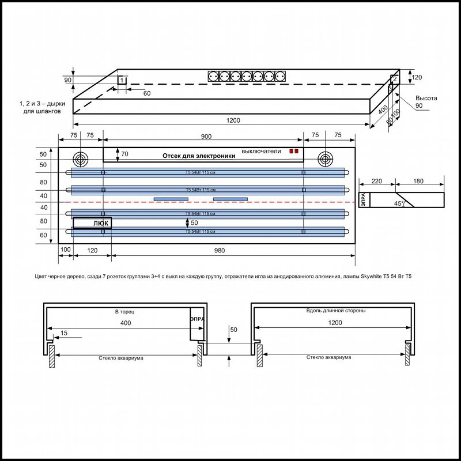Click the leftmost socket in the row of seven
[213, 76]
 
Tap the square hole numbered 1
[122, 80]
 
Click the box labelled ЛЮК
[92, 223]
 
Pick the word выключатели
[261, 151]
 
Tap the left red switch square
[291, 151]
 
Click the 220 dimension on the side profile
[377, 182]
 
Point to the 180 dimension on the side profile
[419, 182]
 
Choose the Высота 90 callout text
[426, 102]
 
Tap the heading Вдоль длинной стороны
[332, 311]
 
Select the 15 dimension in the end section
[63, 333]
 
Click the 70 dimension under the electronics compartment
[125, 154]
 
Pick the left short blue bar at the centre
[171, 199]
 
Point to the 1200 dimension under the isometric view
[233, 120]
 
